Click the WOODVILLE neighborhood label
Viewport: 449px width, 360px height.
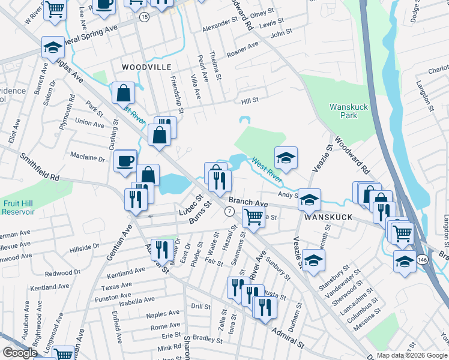pyautogui.click(x=146, y=67)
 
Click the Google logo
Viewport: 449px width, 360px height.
pyautogui.click(x=20, y=353)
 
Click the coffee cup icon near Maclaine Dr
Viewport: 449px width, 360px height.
pyautogui.click(x=125, y=160)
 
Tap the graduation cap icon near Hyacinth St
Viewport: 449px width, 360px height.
pyautogui.click(x=313, y=260)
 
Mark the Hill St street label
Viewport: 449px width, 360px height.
pyautogui.click(x=250, y=100)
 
